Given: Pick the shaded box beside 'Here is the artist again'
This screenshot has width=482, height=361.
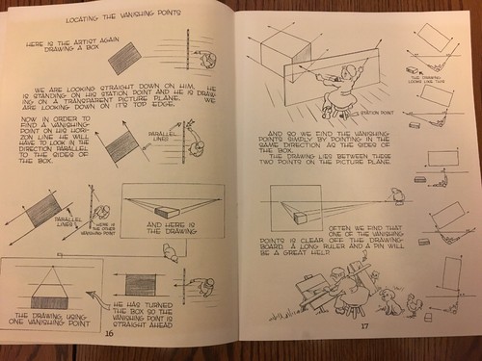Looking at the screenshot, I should (124, 60).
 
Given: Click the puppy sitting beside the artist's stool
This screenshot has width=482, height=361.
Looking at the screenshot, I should (388, 299).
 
